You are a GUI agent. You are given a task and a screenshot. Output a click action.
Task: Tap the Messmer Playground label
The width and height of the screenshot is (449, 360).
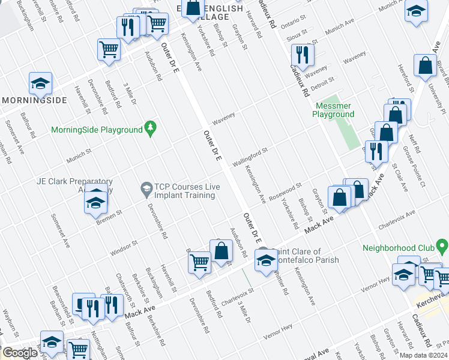pos(334,110)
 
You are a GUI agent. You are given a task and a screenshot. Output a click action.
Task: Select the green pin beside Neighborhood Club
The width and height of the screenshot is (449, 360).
pos(442,247)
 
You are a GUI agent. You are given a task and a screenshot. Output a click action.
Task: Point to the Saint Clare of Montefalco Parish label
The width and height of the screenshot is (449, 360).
pos(305,256)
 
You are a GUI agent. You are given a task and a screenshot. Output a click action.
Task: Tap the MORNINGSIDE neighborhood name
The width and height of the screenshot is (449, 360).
pos(34,100)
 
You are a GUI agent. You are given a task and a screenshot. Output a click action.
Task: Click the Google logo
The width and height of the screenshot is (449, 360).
pos(20,353)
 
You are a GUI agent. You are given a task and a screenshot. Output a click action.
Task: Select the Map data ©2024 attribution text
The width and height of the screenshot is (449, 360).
pos(423,355)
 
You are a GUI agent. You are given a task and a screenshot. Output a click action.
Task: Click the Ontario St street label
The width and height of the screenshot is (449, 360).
pos(294,22)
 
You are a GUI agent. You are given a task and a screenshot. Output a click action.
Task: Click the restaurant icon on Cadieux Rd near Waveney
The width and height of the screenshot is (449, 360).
pos(306,56)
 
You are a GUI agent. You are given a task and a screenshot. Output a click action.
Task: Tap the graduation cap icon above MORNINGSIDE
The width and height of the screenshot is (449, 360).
pos(40,84)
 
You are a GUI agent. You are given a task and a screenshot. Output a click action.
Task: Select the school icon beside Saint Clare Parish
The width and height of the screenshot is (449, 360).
pos(265,260)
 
